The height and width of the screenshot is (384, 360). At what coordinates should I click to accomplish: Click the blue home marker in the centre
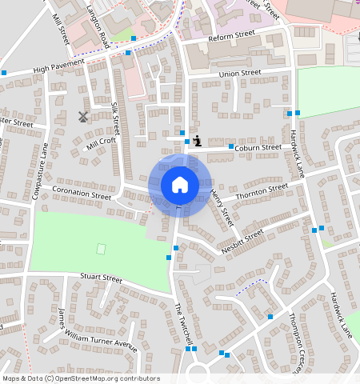[180, 185]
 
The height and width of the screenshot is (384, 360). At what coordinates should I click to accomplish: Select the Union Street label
[240, 74]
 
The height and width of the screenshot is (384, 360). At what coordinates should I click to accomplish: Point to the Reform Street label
[230, 38]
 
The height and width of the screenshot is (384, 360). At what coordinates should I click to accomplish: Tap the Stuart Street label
[100, 278]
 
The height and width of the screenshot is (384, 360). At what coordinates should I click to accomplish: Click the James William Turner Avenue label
[98, 329]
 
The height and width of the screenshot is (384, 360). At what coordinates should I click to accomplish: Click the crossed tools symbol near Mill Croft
[82, 116]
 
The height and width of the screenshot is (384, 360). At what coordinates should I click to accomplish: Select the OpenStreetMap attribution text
[81, 378]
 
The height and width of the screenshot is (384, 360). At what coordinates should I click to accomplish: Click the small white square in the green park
[101, 249]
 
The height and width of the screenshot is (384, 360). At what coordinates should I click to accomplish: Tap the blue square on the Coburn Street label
[231, 147]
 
